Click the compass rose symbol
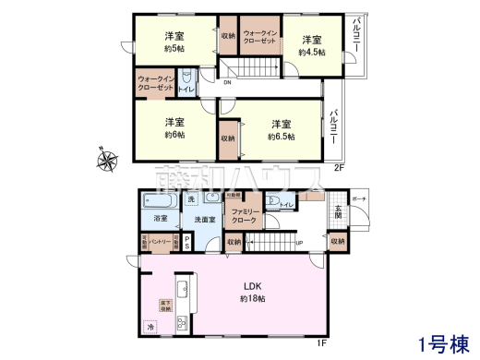click(x=108, y=161)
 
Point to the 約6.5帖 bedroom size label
click(x=282, y=137)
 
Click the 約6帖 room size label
click(x=174, y=135)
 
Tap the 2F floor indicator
click(x=338, y=168)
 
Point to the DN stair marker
click(x=227, y=84)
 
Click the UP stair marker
click(x=298, y=244)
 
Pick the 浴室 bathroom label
click(x=161, y=219)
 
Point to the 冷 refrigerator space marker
click(x=150, y=325)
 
